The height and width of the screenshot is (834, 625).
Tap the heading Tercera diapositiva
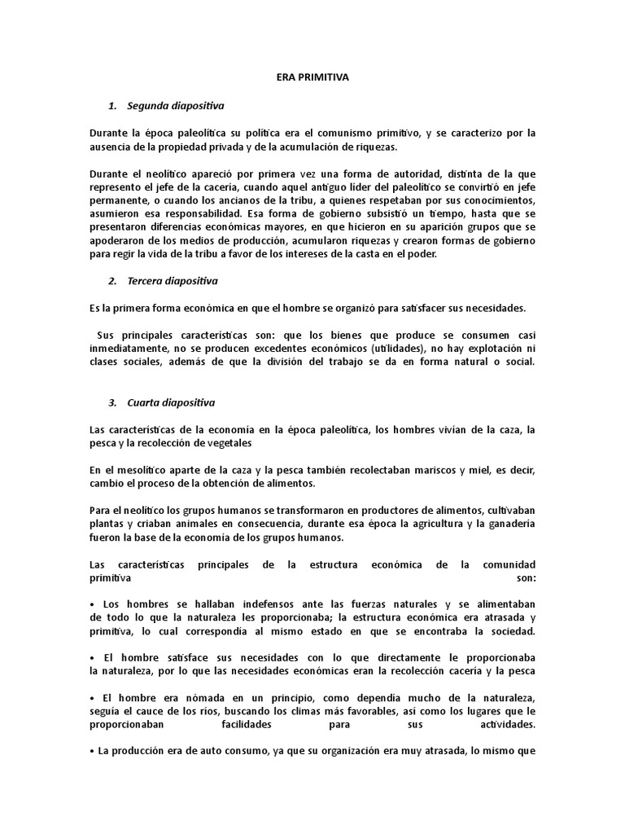(173, 281)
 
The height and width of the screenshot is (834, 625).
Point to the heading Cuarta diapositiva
(171, 403)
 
